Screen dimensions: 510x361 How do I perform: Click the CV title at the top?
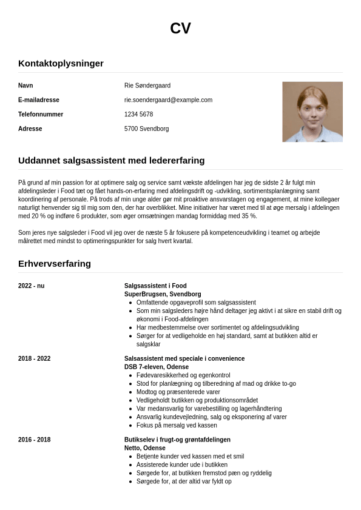click(180, 29)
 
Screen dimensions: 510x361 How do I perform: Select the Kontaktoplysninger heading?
click(61, 63)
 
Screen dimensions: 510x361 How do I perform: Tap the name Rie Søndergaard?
click(147, 86)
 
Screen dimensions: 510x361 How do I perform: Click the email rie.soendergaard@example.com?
click(168, 100)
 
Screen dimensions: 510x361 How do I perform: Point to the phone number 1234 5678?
click(138, 115)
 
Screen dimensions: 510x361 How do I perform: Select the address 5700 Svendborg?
click(146, 129)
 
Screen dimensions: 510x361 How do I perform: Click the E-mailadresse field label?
click(39, 100)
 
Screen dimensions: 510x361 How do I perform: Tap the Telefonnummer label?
click(41, 115)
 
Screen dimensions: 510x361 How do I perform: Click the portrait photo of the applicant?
click(312, 112)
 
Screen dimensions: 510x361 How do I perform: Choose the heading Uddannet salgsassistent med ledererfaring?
click(111, 161)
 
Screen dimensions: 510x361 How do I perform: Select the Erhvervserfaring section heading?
click(55, 264)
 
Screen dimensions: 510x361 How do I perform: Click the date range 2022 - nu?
click(31, 286)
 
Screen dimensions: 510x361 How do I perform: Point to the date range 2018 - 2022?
click(34, 358)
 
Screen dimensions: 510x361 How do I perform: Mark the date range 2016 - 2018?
click(34, 440)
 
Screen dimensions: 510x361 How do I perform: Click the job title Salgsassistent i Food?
click(155, 286)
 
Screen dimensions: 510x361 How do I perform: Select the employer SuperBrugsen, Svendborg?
click(163, 294)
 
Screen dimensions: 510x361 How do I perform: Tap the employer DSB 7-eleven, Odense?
click(157, 367)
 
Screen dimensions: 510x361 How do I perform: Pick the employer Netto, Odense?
click(145, 448)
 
